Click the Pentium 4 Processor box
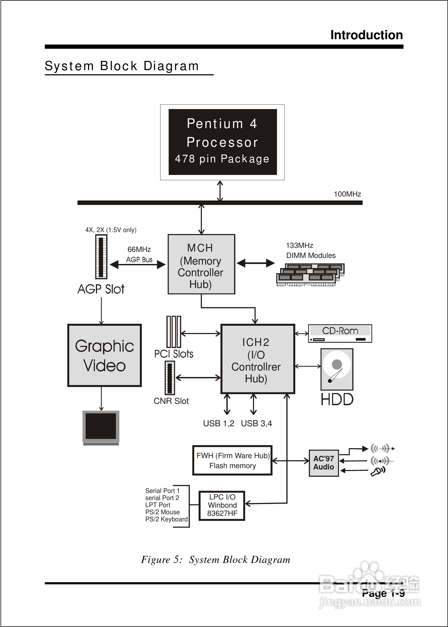[x=222, y=142]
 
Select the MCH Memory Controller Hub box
[x=201, y=264]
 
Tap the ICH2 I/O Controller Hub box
[x=258, y=359]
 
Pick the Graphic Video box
[x=104, y=355]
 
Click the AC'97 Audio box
[x=324, y=463]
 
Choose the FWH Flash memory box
[x=232, y=461]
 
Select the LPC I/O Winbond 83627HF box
[x=222, y=505]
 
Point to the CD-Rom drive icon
[x=340, y=333]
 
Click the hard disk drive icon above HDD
[x=337, y=369]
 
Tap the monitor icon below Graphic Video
[x=101, y=427]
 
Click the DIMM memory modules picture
[x=310, y=275]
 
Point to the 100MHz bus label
[x=347, y=194]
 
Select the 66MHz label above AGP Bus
[x=139, y=249]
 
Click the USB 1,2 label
[x=218, y=423]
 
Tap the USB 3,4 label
[x=256, y=423]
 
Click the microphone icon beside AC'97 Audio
[x=378, y=471]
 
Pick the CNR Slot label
[x=171, y=401]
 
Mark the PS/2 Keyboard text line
[x=166, y=519]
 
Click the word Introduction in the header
[x=366, y=35]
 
